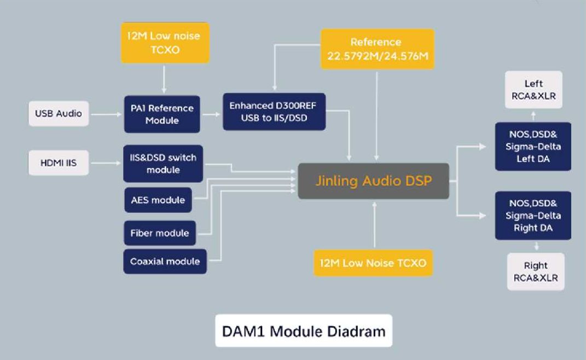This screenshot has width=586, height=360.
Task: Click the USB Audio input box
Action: tap(59, 114)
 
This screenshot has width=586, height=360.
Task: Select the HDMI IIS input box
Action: tap(59, 163)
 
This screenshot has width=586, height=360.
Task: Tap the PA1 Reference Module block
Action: tap(162, 114)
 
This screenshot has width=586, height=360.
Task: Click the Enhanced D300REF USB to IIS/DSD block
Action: tap(274, 112)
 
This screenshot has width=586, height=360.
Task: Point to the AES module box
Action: tap(158, 200)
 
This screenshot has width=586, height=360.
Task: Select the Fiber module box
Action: tap(160, 233)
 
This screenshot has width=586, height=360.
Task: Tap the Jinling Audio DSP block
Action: tap(373, 181)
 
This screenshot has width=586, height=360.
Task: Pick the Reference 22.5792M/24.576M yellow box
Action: tap(376, 49)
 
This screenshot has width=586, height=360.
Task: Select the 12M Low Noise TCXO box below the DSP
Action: tap(374, 263)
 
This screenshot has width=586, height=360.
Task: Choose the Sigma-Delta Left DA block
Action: tap(533, 147)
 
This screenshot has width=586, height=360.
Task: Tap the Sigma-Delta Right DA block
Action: tap(533, 215)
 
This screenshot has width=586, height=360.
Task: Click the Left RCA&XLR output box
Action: tap(533, 90)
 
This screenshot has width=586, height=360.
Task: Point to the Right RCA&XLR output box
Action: tap(535, 272)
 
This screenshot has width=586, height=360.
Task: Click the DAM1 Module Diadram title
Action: tap(304, 331)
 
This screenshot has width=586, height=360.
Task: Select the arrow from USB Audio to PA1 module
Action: tap(106, 114)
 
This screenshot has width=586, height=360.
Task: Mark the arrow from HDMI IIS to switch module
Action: tap(106, 163)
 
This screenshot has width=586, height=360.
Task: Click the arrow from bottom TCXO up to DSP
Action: tap(375, 224)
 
